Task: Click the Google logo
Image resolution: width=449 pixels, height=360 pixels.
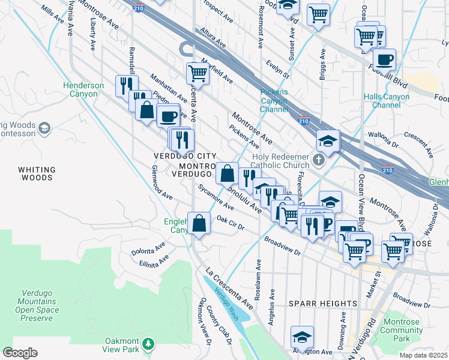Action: coord(20,353)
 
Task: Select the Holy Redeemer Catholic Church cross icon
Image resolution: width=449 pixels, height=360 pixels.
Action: coord(318,160)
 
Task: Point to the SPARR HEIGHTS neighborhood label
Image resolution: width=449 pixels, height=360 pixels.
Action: coord(322,304)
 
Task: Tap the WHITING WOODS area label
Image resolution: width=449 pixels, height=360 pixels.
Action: coord(37,174)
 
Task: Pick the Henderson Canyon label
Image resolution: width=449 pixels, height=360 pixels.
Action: coord(83,90)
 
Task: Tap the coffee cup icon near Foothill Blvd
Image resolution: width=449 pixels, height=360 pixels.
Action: coord(384,59)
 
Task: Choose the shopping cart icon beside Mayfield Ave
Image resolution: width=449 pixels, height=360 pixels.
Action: coord(197,74)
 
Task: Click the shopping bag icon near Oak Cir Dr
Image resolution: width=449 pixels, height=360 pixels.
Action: coord(199,224)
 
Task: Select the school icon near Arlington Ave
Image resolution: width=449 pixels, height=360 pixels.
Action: coord(303,337)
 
